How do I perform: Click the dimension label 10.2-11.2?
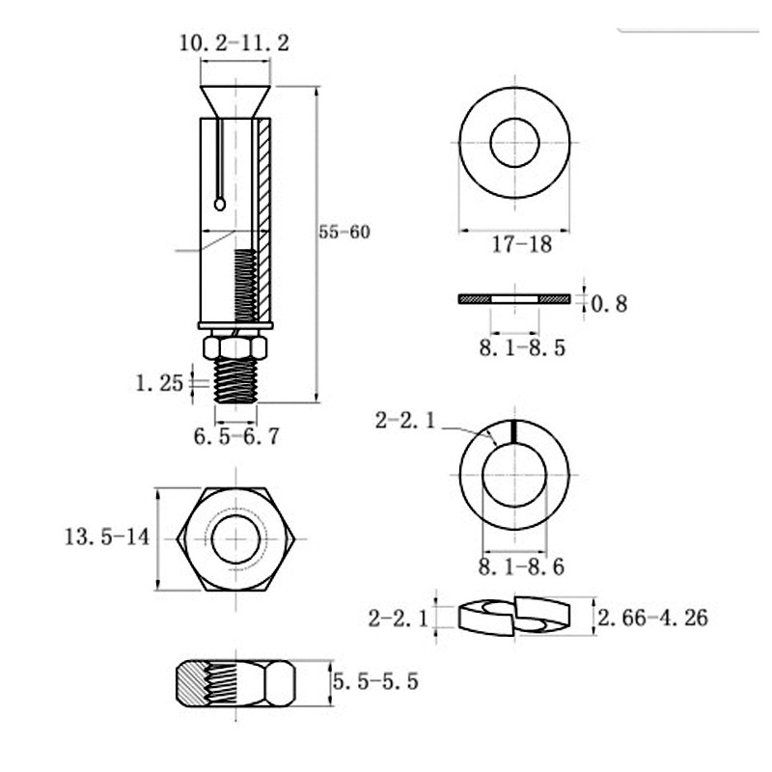click(x=234, y=43)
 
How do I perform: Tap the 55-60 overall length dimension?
click(x=345, y=232)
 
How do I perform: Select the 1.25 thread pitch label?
click(x=159, y=383)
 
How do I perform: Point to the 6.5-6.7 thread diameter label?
click(x=236, y=436)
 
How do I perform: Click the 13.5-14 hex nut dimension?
click(x=107, y=537)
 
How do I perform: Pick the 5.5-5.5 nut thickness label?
click(x=375, y=681)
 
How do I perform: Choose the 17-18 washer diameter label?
click(x=522, y=244)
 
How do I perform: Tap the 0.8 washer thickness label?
click(x=609, y=304)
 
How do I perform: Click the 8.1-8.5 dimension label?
click(x=522, y=348)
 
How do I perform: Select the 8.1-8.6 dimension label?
click(x=521, y=567)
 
